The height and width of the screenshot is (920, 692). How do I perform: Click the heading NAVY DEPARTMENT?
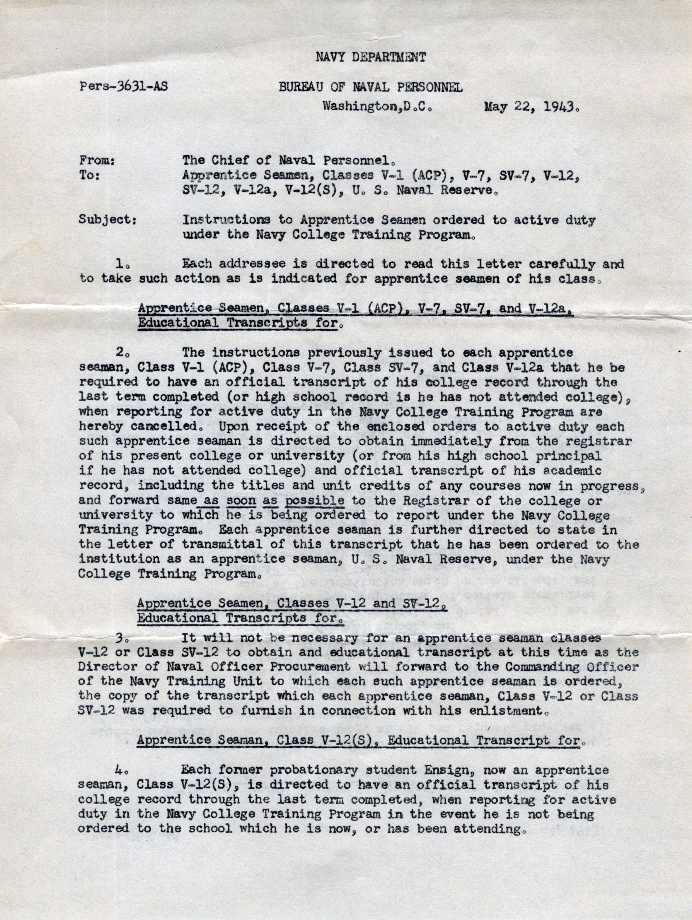pyautogui.click(x=370, y=57)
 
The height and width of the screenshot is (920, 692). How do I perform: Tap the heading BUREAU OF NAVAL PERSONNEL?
pyautogui.click(x=370, y=87)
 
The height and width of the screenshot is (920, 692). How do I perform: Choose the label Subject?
pyautogui.click(x=108, y=220)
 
